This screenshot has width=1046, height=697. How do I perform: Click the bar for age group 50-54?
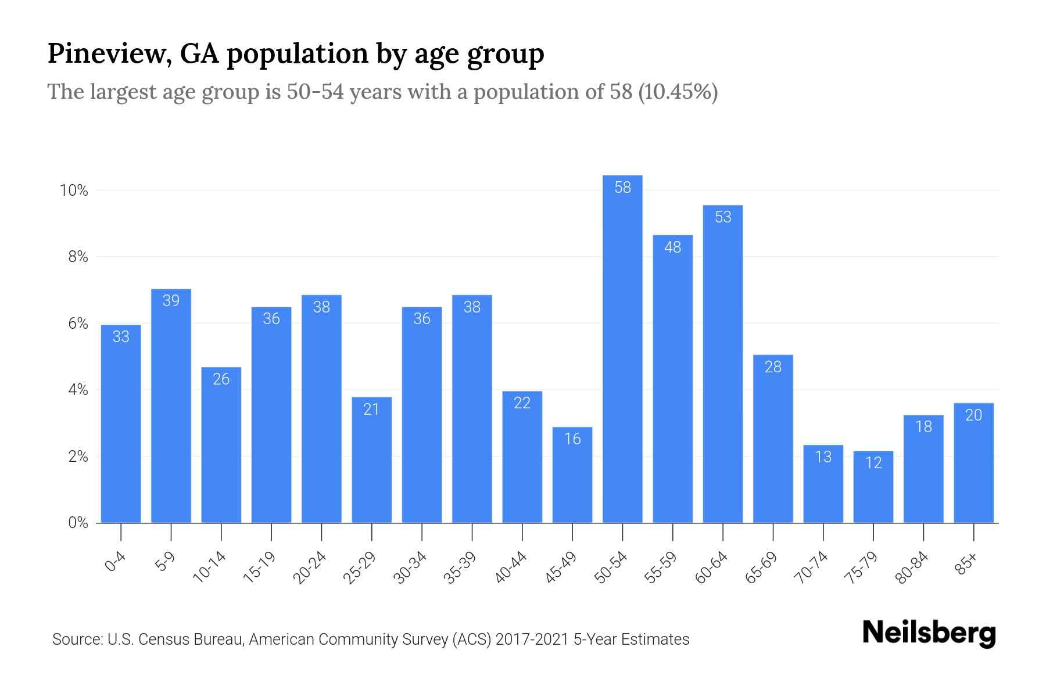tap(622, 348)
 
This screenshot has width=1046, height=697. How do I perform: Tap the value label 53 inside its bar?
tap(723, 217)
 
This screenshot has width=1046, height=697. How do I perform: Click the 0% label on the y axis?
tap(78, 523)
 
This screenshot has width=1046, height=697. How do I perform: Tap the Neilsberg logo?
tap(929, 633)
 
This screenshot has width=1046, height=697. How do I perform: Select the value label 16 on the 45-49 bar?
tap(572, 439)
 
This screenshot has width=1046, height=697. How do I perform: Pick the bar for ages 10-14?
tap(221, 445)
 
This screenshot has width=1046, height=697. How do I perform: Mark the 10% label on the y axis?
tap(74, 191)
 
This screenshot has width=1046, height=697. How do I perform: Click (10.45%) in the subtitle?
tap(678, 92)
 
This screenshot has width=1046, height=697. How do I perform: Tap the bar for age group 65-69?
tap(773, 439)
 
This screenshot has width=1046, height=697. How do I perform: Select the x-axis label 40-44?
tap(511, 567)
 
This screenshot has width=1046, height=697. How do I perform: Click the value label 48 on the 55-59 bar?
tap(672, 247)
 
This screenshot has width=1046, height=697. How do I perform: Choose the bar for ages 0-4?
tap(121, 424)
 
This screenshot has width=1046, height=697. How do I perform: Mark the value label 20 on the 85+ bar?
tap(973, 415)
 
